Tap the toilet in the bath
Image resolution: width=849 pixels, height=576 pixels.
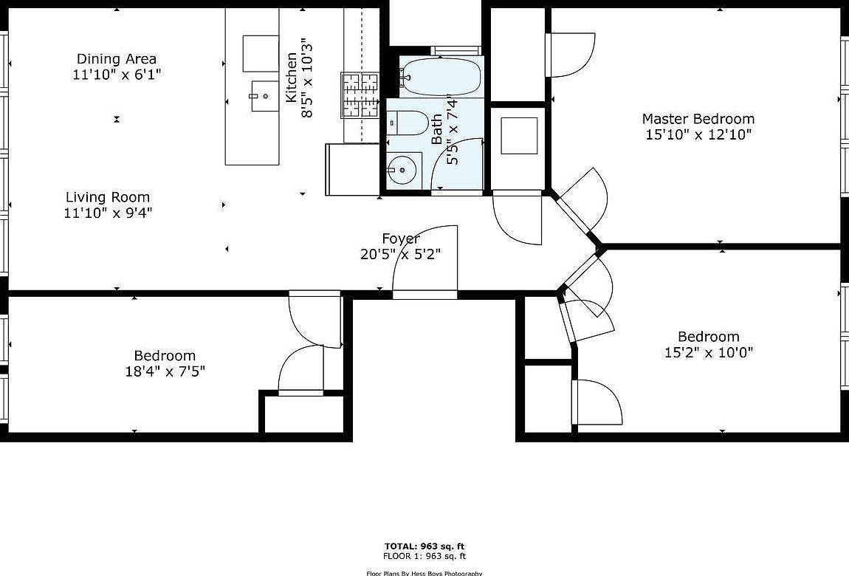tap(406, 122)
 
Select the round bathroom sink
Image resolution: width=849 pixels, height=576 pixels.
tap(402, 171)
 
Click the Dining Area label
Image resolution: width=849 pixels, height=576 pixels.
tap(117, 59)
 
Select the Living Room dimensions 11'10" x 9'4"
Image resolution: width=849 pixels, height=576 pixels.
tap(108, 213)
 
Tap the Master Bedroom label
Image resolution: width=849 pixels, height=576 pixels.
tap(698, 119)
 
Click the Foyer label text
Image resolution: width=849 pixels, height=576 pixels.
tap(401, 239)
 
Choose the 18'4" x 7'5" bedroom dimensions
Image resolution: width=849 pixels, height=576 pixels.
tap(165, 371)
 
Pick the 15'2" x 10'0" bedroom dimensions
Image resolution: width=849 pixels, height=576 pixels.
tap(708, 352)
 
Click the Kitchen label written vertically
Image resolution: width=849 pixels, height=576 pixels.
tap(292, 77)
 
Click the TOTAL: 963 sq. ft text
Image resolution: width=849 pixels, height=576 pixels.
tap(424, 546)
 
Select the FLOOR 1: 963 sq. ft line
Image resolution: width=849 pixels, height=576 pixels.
tap(424, 556)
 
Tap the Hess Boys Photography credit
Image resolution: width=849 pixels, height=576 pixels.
tap(424, 573)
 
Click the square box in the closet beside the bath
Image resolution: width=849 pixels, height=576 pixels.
tap(519, 135)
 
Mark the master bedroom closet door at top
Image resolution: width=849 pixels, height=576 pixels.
tap(570, 55)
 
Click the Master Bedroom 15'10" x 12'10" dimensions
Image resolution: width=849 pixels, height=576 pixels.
tap(698, 134)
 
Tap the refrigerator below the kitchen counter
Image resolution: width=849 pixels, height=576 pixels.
tap(351, 169)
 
